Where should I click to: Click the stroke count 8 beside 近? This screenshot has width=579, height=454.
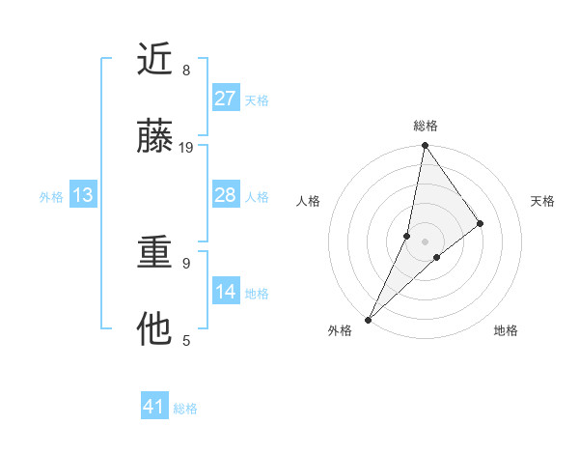pyautogui.click(x=186, y=71)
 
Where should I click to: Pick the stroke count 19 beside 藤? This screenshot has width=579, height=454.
pyautogui.click(x=186, y=148)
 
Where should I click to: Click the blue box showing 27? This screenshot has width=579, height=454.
pyautogui.click(x=225, y=99)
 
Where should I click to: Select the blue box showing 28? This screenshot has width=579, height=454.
pyautogui.click(x=225, y=195)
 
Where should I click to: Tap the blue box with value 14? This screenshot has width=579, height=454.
pyautogui.click(x=225, y=292)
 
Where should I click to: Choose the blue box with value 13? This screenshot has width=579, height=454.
pyautogui.click(x=83, y=195)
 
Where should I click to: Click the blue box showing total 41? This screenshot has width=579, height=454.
pyautogui.click(x=154, y=407)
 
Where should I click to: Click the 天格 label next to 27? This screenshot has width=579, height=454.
pyautogui.click(x=257, y=100)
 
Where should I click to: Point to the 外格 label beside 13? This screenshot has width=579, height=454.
pyautogui.click(x=51, y=197)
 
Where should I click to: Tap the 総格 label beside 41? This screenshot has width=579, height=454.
pyautogui.click(x=185, y=409)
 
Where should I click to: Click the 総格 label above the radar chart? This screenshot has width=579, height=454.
pyautogui.click(x=425, y=126)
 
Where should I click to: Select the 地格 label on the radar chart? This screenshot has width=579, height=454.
pyautogui.click(x=506, y=331)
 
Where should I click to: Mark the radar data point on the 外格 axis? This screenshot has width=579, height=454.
pyautogui.click(x=368, y=319)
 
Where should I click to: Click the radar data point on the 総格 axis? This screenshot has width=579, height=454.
pyautogui.click(x=425, y=147)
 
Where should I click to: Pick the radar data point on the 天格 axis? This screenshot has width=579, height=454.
pyautogui.click(x=481, y=223)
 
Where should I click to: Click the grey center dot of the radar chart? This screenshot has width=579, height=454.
pyautogui.click(x=425, y=241)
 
